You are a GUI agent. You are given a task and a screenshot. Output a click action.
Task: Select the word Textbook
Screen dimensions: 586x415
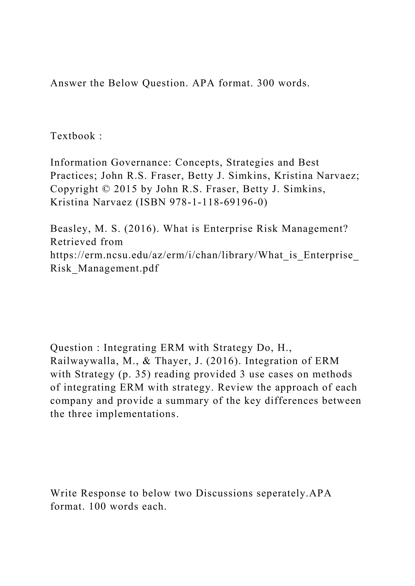[x=73, y=136]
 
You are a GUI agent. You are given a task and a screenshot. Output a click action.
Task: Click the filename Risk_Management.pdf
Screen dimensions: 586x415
[x=105, y=268]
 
